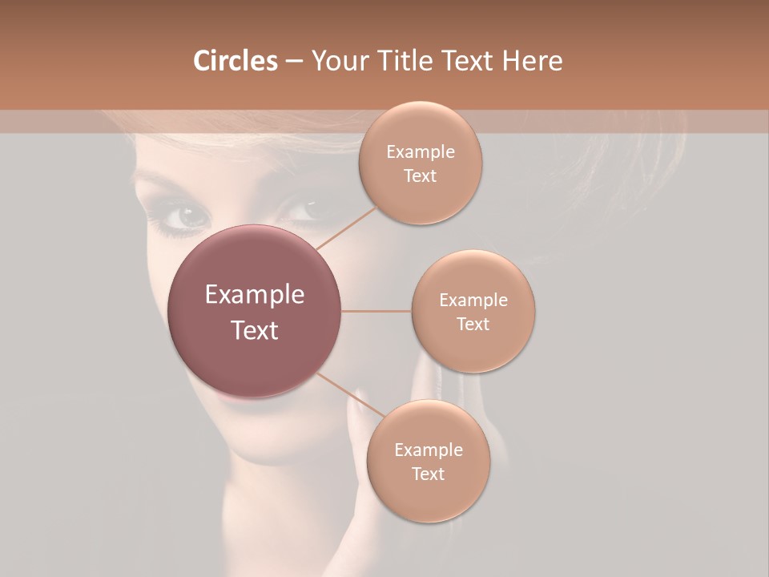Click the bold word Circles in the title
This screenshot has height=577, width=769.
(236, 61)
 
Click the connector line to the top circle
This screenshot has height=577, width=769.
(346, 228)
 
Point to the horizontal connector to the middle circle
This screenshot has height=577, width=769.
(376, 311)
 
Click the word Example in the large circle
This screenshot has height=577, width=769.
(255, 295)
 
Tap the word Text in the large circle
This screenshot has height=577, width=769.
(255, 330)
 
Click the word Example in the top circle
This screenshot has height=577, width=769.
(420, 152)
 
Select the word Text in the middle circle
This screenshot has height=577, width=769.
(473, 325)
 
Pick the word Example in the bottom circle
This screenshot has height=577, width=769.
(428, 450)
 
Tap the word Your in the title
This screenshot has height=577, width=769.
(337, 61)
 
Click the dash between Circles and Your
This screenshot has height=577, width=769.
(293, 62)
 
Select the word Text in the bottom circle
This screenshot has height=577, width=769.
(428, 474)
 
